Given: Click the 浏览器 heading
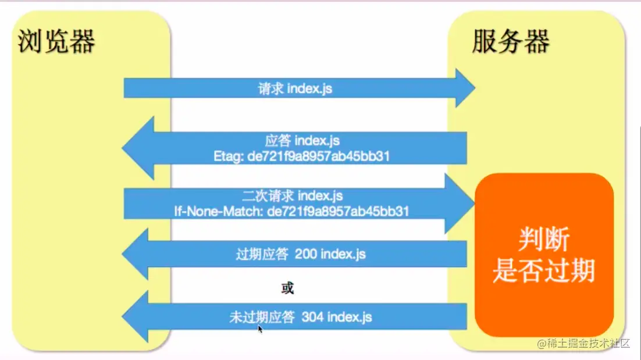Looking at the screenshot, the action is [56, 42].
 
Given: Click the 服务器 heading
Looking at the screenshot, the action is [510, 42].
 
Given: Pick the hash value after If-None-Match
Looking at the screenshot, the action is [338, 210].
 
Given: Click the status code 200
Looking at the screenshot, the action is [306, 254].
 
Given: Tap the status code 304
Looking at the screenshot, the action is [312, 318].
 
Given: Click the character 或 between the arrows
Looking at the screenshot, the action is [287, 287].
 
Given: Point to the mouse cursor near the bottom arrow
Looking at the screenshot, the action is [260, 329].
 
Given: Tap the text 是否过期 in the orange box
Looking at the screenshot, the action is [544, 270].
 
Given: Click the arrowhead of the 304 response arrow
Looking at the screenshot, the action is [136, 317].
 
